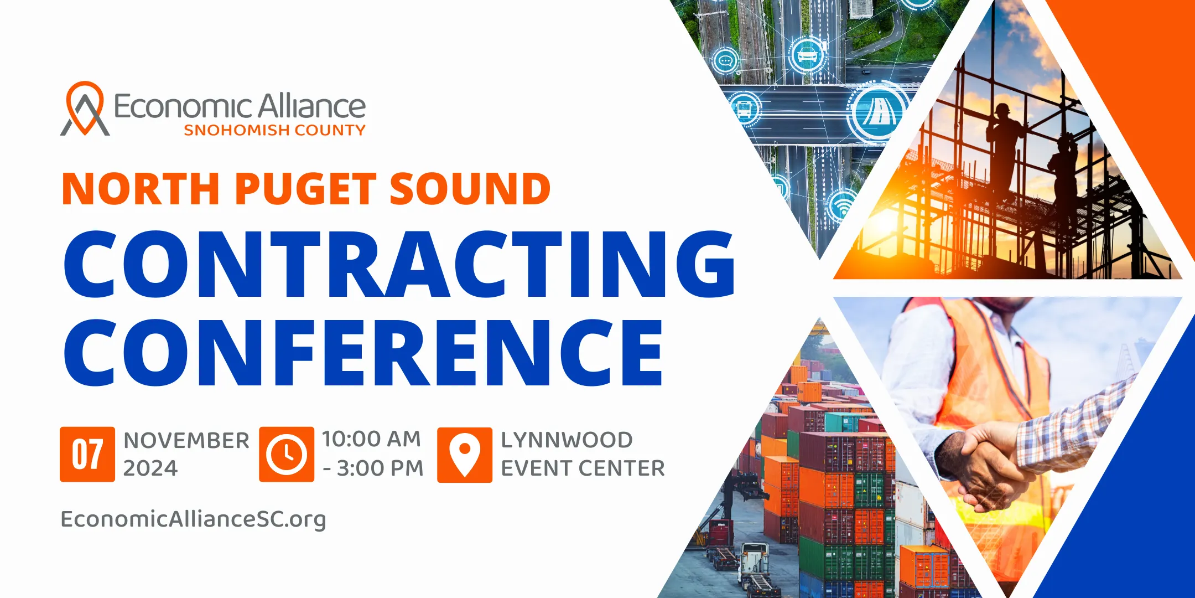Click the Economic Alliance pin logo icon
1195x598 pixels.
click(x=84, y=109)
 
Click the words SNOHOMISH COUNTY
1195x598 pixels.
click(x=274, y=130)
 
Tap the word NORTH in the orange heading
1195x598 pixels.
click(x=141, y=189)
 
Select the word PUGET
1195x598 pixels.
click(x=306, y=189)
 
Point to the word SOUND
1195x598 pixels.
click(x=470, y=189)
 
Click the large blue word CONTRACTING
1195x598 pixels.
click(x=399, y=264)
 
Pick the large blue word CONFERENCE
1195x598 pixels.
click(x=363, y=352)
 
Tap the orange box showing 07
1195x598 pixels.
click(x=87, y=454)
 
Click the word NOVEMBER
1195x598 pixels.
click(x=186, y=441)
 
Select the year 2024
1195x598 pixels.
click(x=150, y=468)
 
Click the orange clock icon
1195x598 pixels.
click(x=287, y=454)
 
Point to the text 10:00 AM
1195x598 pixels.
click(x=372, y=439)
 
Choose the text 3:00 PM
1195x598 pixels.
click(x=380, y=468)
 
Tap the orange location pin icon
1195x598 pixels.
click(x=465, y=455)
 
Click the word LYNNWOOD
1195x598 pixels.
click(x=567, y=440)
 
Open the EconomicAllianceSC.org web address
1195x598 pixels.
click(x=193, y=520)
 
